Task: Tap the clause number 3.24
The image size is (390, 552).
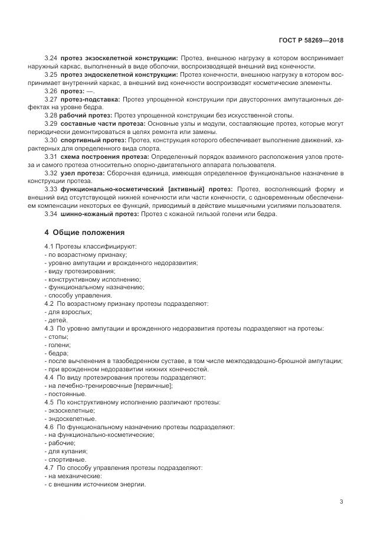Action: coord(51,58)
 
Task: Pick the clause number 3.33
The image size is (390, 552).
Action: coord(51,188)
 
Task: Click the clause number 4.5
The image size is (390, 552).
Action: coord(49,402)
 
